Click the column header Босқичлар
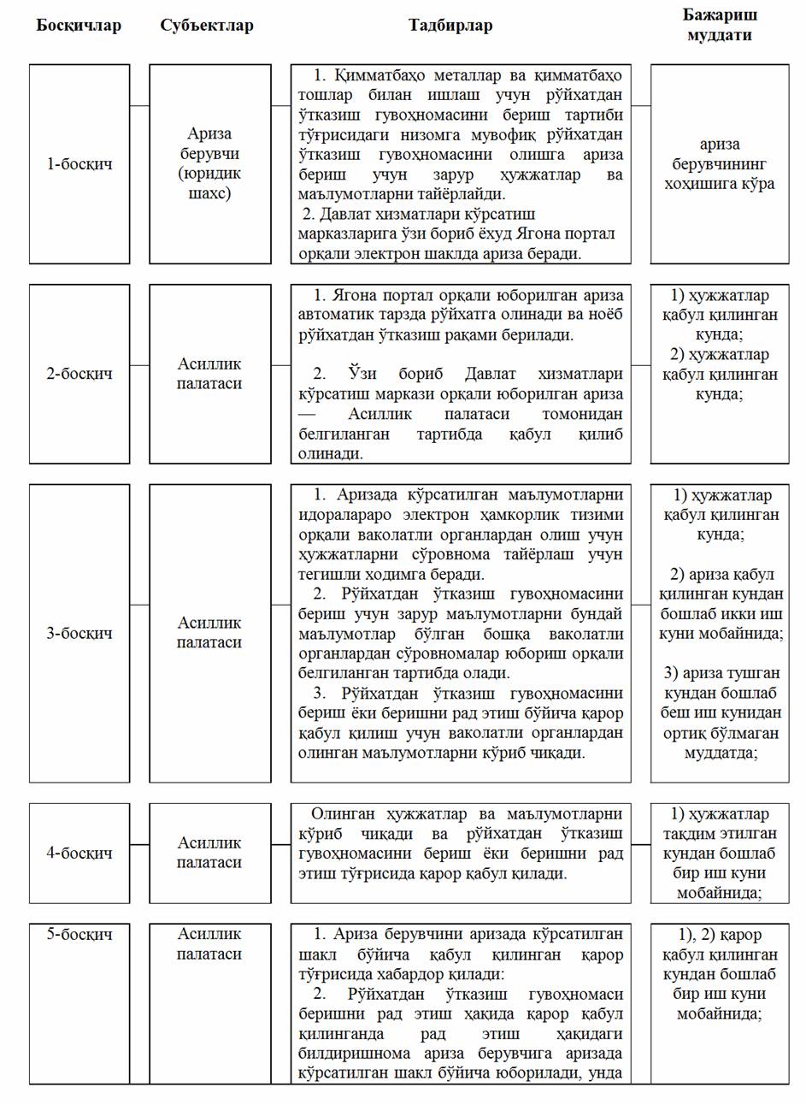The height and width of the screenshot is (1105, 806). click(79, 26)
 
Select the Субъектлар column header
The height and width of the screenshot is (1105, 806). click(207, 26)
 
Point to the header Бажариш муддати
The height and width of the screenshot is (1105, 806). click(720, 25)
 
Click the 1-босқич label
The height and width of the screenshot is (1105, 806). click(79, 163)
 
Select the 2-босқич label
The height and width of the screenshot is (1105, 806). click(79, 374)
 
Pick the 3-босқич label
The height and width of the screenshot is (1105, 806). click(79, 633)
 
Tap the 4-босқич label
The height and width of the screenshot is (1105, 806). click(79, 853)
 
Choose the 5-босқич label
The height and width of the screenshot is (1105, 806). click(79, 934)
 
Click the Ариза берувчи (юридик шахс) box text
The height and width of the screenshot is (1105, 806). click(209, 163)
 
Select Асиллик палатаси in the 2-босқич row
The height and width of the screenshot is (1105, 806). click(209, 374)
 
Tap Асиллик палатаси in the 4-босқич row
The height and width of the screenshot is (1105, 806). click(209, 853)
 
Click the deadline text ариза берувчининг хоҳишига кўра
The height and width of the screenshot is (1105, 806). click(720, 163)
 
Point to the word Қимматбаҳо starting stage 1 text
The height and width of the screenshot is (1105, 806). click(369, 74)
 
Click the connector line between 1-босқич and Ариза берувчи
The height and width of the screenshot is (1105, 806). click(139, 105)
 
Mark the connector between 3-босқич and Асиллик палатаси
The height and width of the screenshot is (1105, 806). click(139, 605)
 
